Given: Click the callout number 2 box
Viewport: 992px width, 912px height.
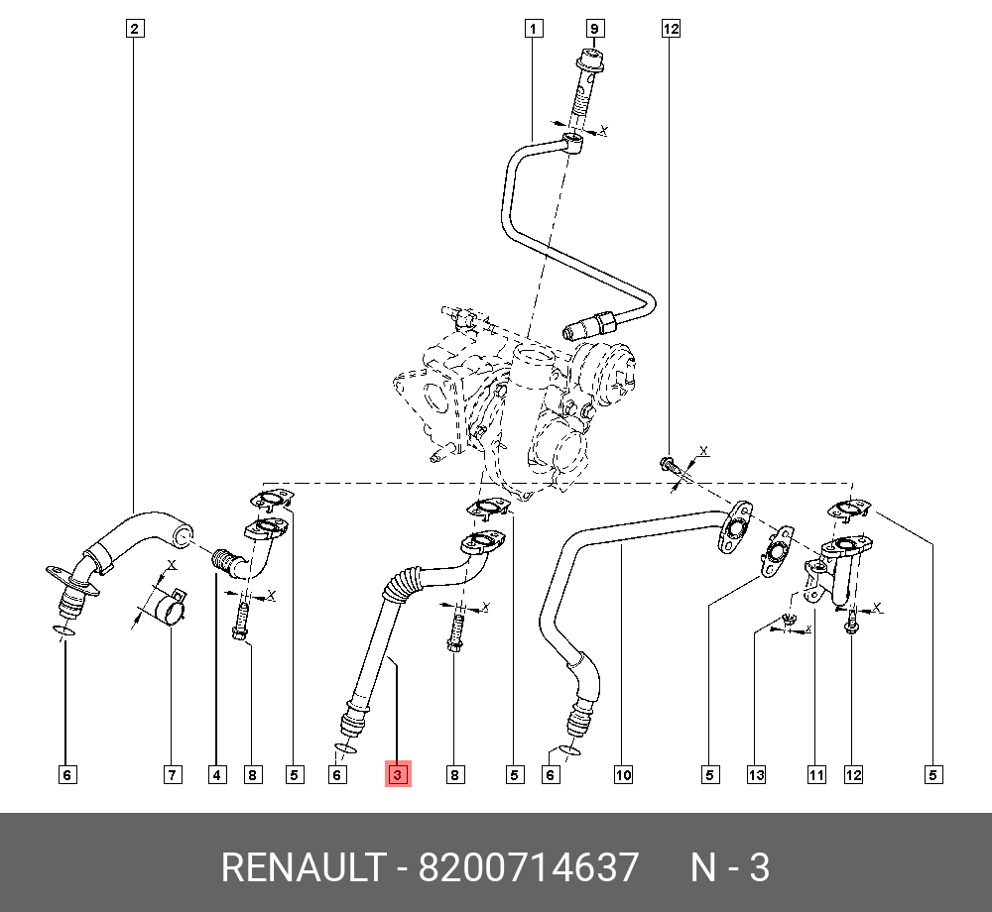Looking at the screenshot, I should tap(135, 29).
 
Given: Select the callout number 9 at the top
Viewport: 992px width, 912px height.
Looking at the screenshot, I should tap(595, 29).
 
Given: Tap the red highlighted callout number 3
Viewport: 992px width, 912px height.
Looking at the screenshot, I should tap(398, 774).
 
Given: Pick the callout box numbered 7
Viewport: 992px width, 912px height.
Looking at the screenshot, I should tap(173, 774).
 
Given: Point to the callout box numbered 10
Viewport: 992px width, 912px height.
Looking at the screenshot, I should tap(622, 774).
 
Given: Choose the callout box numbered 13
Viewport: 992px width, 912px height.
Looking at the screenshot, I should tap(756, 774).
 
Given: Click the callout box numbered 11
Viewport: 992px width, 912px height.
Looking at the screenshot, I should tap(815, 774).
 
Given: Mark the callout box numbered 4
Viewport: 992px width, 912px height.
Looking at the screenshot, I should tap(217, 774).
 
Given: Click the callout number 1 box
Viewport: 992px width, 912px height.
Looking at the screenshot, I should tap(534, 29).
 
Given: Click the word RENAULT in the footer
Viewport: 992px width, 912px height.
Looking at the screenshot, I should tap(302, 867).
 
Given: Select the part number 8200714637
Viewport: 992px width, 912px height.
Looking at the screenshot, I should tap(529, 867).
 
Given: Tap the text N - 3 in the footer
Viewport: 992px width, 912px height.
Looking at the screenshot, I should tap(730, 867).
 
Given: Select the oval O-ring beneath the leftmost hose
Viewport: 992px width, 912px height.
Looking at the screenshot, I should tap(62, 630).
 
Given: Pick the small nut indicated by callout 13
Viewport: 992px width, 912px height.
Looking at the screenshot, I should tap(789, 621).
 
